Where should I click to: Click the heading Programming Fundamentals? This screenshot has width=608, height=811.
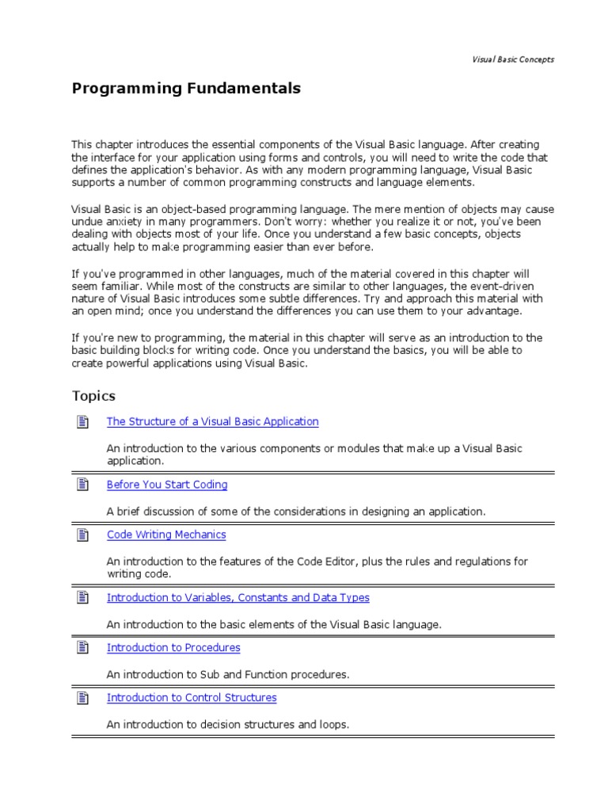pyautogui.click(x=186, y=89)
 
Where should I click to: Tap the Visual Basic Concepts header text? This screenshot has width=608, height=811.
pyautogui.click(x=513, y=59)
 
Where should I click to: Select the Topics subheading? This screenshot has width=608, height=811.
pyautogui.click(x=93, y=396)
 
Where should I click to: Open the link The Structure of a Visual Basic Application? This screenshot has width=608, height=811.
pyautogui.click(x=212, y=421)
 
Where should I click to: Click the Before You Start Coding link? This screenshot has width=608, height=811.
pyautogui.click(x=167, y=485)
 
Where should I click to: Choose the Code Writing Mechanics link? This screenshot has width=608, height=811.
pyautogui.click(x=166, y=535)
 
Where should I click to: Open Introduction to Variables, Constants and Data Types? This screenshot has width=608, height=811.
pyautogui.click(x=237, y=598)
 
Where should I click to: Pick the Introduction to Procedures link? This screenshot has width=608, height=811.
pyautogui.click(x=173, y=648)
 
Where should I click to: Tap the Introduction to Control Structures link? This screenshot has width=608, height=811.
pyautogui.click(x=192, y=698)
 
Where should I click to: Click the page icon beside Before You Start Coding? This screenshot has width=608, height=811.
pyautogui.click(x=82, y=485)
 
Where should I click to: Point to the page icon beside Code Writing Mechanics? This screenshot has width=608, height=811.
pyautogui.click(x=82, y=535)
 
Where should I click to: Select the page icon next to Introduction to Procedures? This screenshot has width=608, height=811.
pyautogui.click(x=82, y=648)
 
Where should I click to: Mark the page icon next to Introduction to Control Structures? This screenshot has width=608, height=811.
pyautogui.click(x=82, y=698)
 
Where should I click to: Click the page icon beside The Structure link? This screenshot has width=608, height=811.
pyautogui.click(x=82, y=421)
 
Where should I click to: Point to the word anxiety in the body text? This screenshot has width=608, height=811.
pyautogui.click(x=121, y=223)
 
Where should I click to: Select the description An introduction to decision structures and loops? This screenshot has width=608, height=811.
pyautogui.click(x=227, y=724)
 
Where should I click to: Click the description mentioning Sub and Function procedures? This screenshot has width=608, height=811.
pyautogui.click(x=227, y=674)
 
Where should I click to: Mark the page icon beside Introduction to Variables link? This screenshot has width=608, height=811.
pyautogui.click(x=82, y=598)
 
